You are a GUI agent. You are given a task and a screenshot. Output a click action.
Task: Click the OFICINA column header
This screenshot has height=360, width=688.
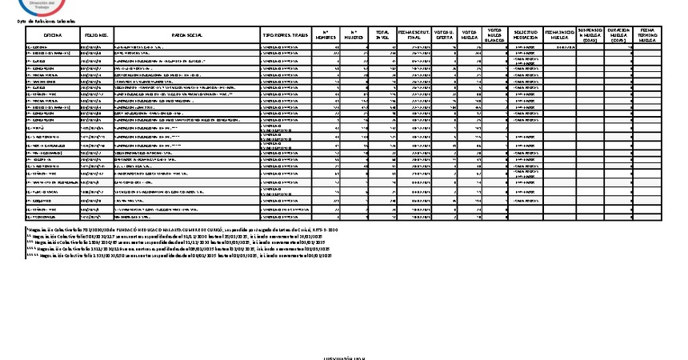[53, 36]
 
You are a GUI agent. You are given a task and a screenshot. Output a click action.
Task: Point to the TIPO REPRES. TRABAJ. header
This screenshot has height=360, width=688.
[286, 36]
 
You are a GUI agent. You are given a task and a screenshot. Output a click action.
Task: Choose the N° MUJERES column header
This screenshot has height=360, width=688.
[354, 36]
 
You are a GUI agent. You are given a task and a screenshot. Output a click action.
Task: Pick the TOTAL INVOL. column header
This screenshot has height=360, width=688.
[382, 36]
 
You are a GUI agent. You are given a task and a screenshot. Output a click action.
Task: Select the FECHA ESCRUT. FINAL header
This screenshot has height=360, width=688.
[414, 36]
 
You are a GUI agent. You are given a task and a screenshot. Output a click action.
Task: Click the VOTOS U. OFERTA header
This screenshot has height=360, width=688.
[443, 36]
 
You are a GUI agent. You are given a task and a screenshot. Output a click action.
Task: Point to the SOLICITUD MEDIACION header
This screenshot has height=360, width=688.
[525, 36]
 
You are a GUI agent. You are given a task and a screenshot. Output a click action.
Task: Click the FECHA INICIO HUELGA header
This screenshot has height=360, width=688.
[559, 36]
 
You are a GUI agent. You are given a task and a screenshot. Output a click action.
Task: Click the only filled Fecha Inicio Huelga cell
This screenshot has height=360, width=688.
[559, 47]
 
